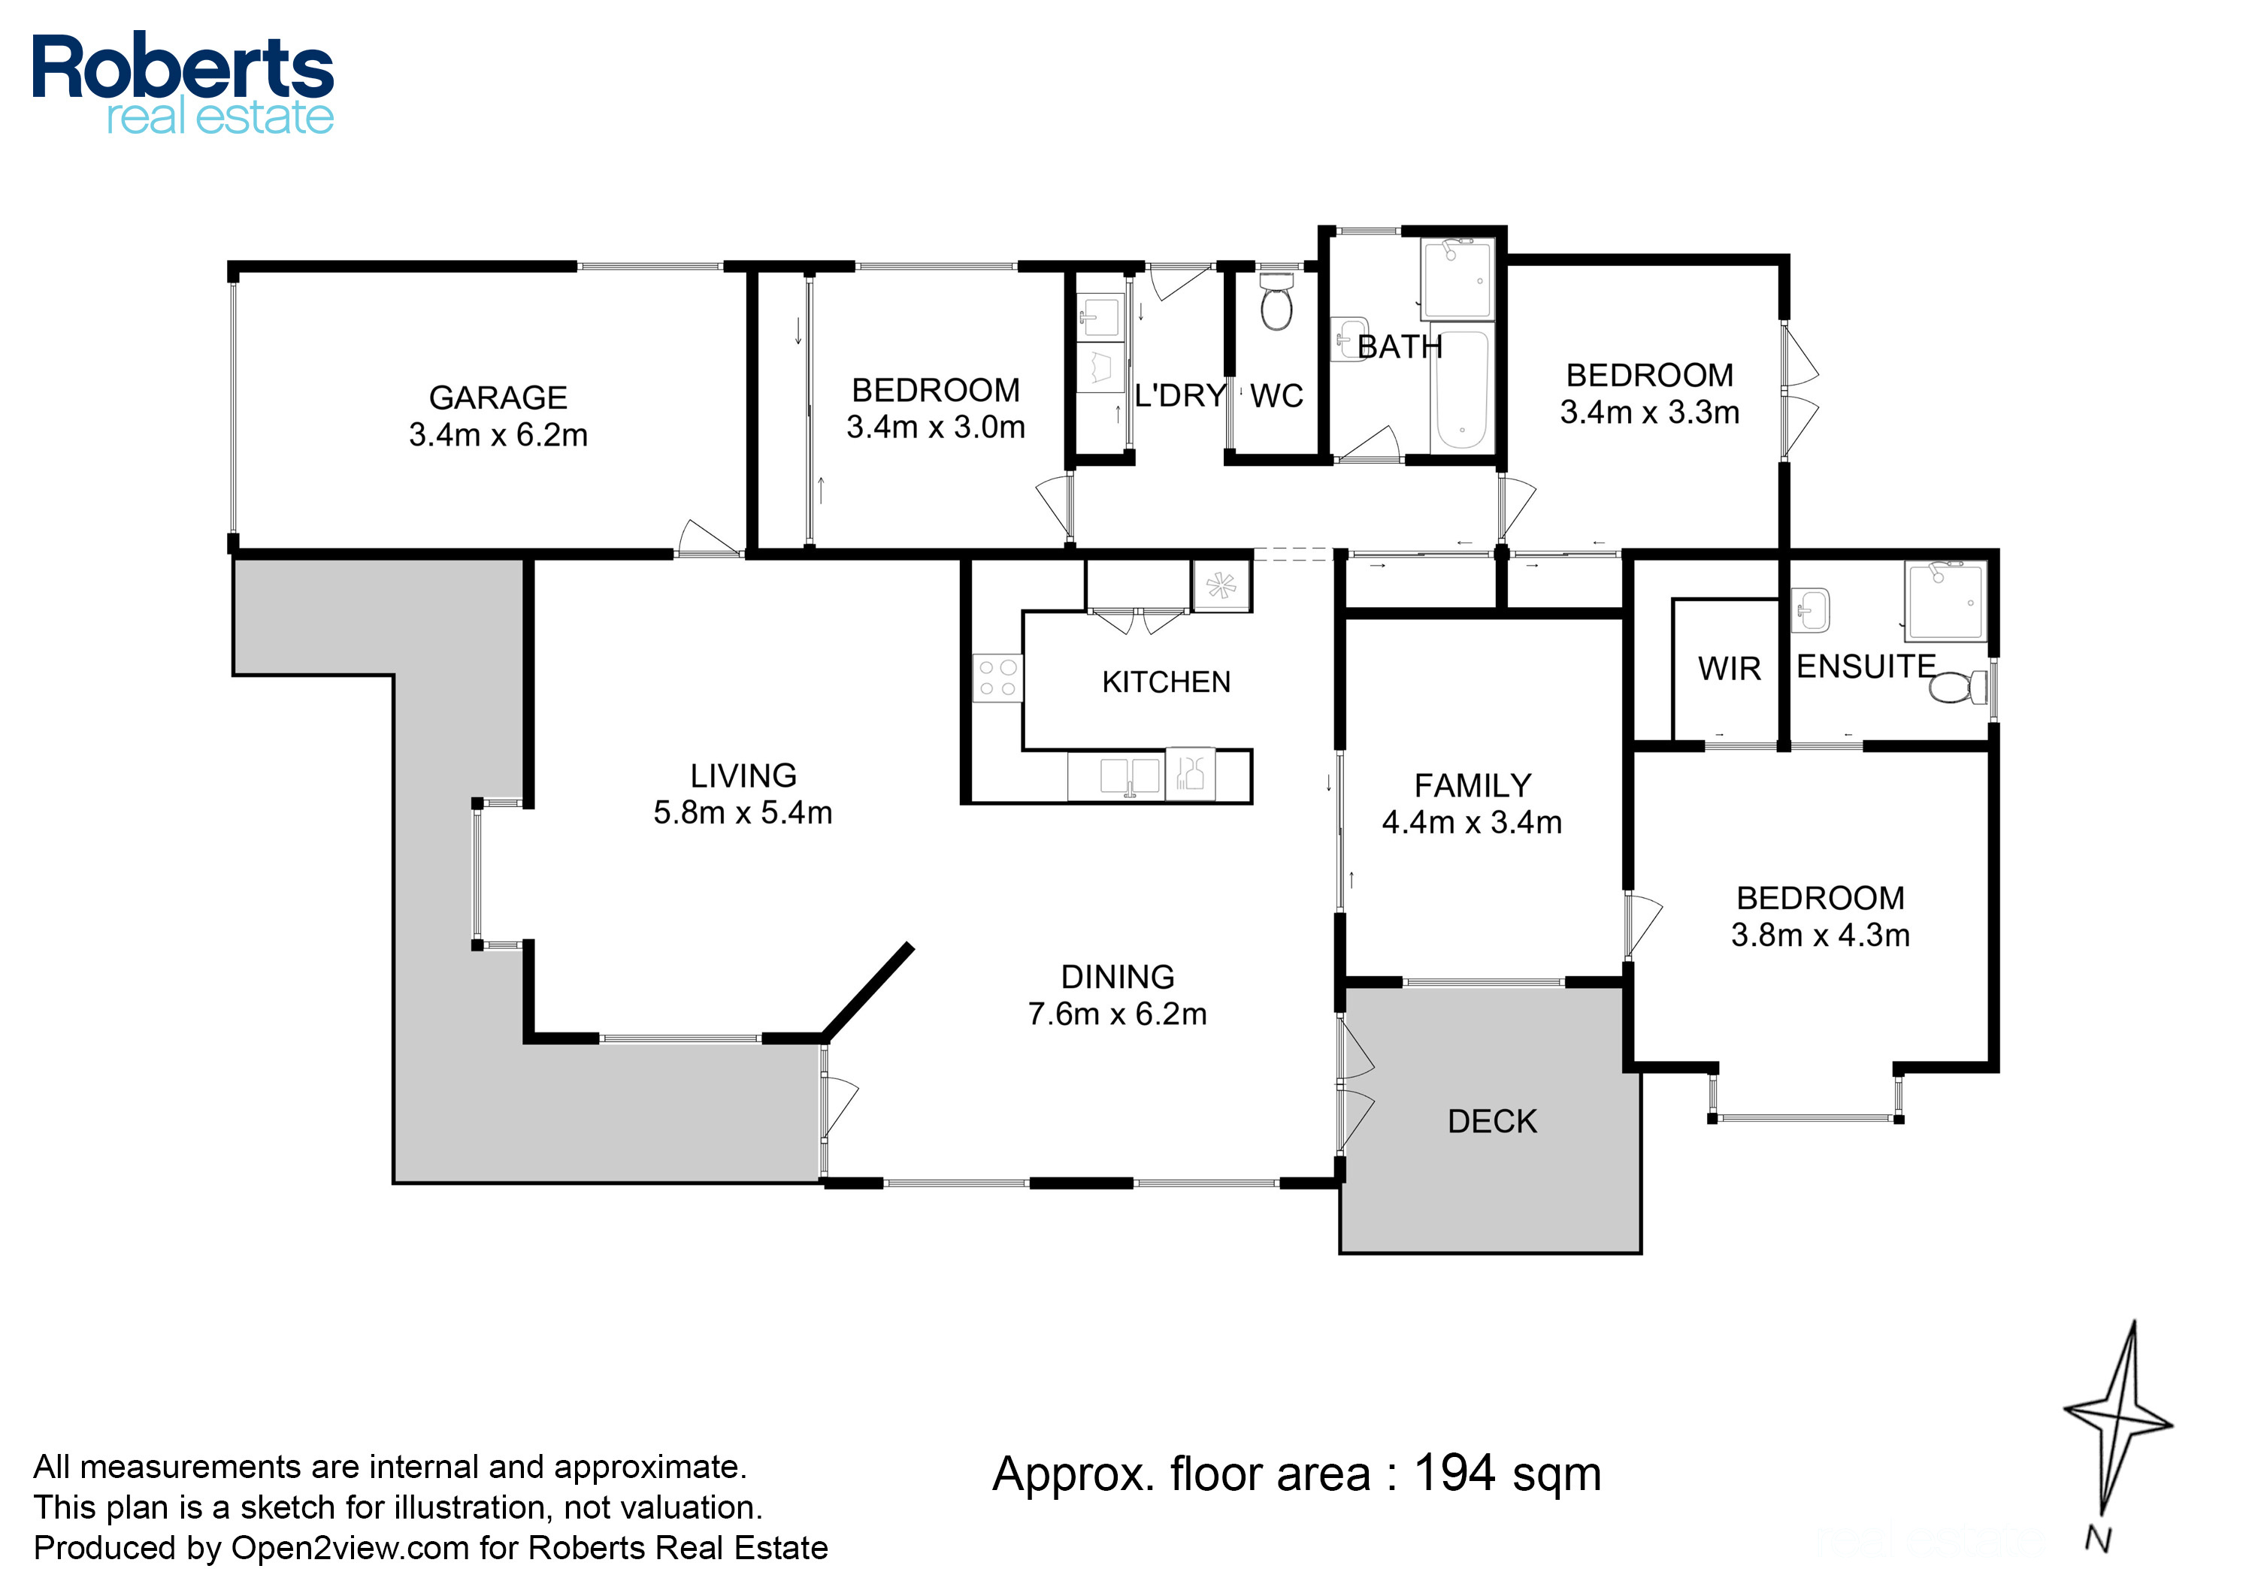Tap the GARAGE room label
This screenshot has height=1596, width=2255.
click(x=498, y=398)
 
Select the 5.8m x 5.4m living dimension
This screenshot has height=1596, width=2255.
click(x=743, y=813)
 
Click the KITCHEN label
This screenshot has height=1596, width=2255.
click(x=1166, y=682)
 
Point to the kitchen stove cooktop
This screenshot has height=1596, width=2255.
click(x=997, y=678)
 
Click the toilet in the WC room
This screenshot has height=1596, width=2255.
click(x=1277, y=302)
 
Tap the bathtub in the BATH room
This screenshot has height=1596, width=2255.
click(x=1462, y=389)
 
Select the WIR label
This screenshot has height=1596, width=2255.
click(x=1729, y=670)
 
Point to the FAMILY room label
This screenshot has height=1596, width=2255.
click(x=1473, y=786)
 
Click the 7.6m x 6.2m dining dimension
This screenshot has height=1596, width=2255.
click(x=1118, y=1014)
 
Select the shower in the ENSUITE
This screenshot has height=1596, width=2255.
click(x=1946, y=600)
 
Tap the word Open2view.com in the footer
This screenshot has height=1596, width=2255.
click(x=350, y=1548)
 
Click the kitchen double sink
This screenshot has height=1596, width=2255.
click(x=1130, y=775)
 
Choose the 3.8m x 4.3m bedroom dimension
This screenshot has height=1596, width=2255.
click(x=1821, y=936)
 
